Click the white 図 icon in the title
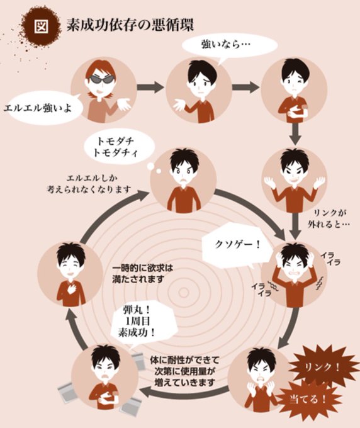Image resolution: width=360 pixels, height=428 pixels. coord(42,26)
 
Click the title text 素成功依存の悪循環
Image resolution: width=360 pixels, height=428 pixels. coord(130,25)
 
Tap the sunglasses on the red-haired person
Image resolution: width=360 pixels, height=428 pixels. coord(101,79)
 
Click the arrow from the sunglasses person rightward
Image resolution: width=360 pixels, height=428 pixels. coord(150,87)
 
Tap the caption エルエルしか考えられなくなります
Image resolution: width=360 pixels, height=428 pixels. coord(88,184)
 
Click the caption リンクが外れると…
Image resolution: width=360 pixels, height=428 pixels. coord(329,218)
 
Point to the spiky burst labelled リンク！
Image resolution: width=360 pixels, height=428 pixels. coord(323,368)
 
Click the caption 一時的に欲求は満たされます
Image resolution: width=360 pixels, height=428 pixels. coord(143,274)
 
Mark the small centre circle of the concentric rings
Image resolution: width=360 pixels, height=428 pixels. coord(184,293)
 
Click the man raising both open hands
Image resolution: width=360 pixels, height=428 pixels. coord(294,180)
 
